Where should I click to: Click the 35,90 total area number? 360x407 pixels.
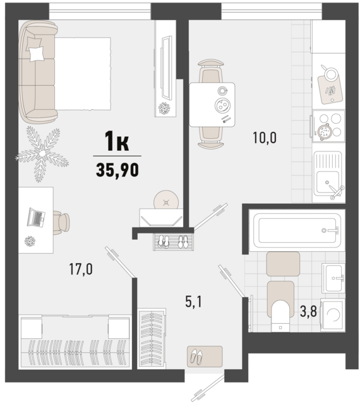coord(117,170)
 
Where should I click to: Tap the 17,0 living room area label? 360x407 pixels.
coord(81,269)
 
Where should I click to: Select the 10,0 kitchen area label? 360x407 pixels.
coord(265,138)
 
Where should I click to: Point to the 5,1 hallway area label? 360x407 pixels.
coord(193,302)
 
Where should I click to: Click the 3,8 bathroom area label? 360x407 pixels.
coord(308,311)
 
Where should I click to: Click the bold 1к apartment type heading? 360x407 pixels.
coord(117,141)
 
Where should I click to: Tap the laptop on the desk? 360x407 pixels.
coord(36,218)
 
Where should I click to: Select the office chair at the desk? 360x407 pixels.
coord(61,223)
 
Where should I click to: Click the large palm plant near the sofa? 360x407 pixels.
coord(42,154)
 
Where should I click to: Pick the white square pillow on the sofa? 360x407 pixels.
coord(37,54)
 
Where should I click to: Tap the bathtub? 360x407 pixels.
coord(297,230)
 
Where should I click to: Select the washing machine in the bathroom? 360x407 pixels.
coord(333,315)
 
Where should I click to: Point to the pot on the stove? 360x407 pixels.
coord(325,132)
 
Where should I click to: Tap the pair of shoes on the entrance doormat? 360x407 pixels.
coord(196,357)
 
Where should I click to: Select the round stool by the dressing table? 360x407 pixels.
coord(166,199)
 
